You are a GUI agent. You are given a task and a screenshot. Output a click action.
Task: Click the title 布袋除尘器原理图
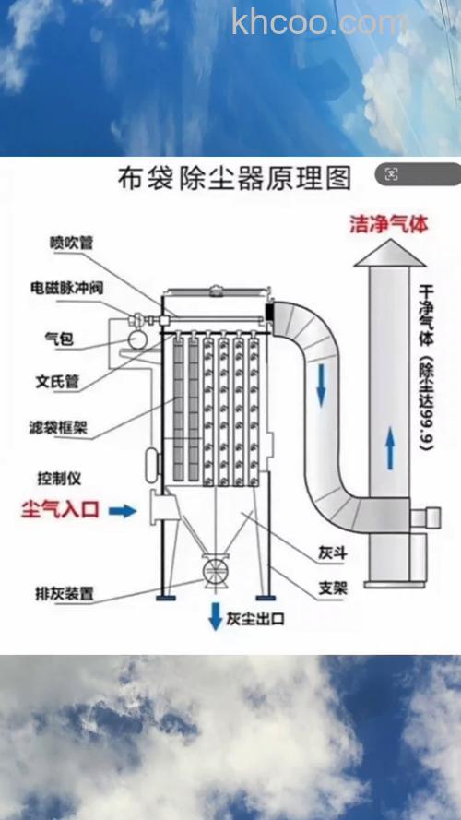pyautogui.click(x=234, y=178)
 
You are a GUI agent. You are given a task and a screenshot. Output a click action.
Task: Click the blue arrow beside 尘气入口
pyautogui.click(x=121, y=510)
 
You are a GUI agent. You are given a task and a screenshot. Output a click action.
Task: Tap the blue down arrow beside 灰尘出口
pyautogui.click(x=215, y=616)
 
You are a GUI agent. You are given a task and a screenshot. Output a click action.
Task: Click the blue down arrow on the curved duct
pyautogui.click(x=321, y=385)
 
